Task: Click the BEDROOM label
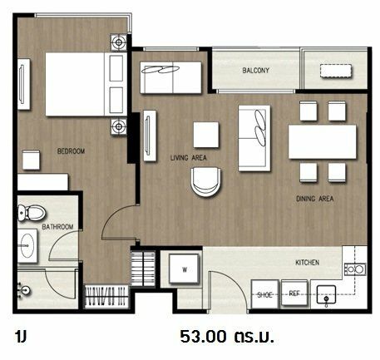pos(71,151)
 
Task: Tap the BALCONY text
pos(255,71)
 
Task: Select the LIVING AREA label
pos(189,158)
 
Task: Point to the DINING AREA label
pos(315,199)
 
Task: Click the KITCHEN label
pos(307,262)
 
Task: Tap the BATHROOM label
pos(57,227)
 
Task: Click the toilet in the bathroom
pos(31,213)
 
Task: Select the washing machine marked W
pos(185,269)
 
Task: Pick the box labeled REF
pos(294,293)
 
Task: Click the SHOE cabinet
pos(264,294)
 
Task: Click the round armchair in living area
pos(206,181)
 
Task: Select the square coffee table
pos(206,135)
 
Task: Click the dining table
pos(322,142)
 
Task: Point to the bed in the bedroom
pos(86,84)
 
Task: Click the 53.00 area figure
pos(203,337)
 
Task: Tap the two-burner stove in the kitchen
pos(355,269)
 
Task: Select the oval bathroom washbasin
pos(27,245)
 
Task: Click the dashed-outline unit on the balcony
pos(336,71)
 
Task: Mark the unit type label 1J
pos(21,337)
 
